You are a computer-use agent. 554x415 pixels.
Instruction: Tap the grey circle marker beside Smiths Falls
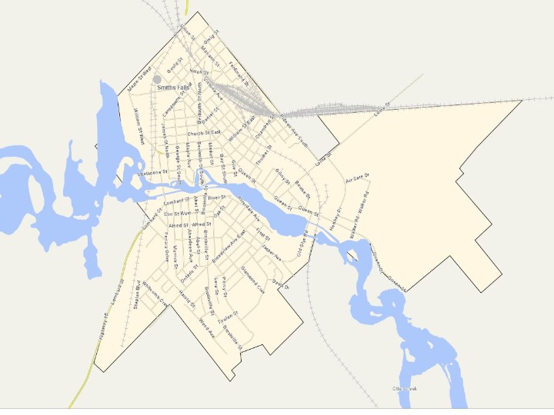click(157, 78)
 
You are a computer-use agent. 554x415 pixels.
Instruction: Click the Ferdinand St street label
click(239, 71)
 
